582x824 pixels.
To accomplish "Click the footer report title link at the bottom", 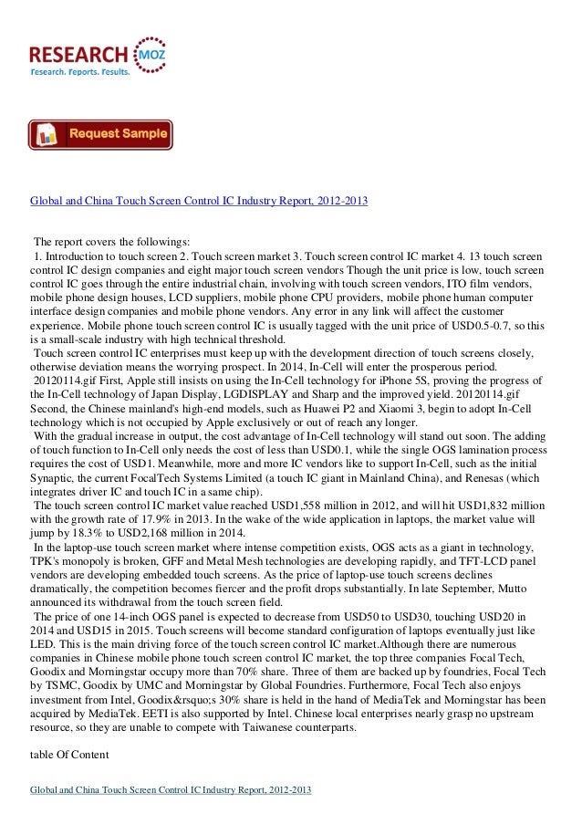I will click(171, 789).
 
